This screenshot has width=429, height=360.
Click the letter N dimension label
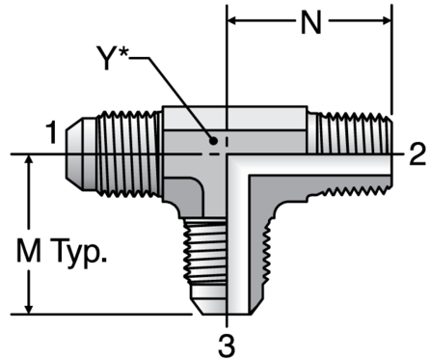click(x=311, y=21)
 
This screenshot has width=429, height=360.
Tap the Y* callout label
click(x=112, y=57)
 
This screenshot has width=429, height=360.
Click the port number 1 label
click(x=51, y=132)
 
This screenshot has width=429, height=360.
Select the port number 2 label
click(x=417, y=154)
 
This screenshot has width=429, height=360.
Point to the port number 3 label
click(x=227, y=346)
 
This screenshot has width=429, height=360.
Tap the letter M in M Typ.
click(x=29, y=250)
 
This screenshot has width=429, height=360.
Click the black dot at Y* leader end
click(x=213, y=141)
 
